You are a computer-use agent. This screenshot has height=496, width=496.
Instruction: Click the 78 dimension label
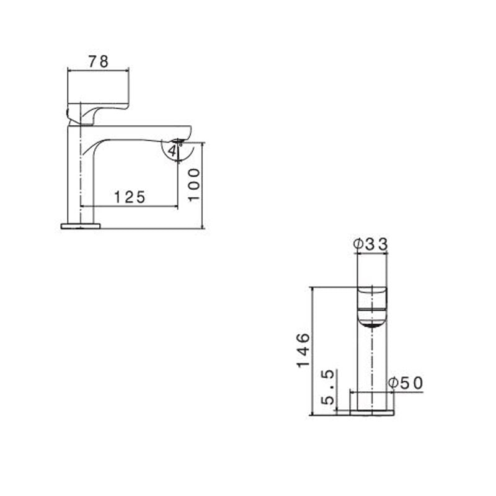coord(98,61)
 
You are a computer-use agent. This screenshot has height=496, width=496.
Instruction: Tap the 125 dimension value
coord(130,197)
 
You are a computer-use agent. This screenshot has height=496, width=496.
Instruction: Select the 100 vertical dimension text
coord(194,184)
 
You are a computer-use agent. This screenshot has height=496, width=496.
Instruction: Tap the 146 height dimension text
coord(303,350)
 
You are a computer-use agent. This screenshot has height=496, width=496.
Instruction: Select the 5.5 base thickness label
coord(329,387)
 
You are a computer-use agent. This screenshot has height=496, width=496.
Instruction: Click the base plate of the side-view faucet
coord(81,226)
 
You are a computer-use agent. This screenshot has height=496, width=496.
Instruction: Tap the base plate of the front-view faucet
coord(372,412)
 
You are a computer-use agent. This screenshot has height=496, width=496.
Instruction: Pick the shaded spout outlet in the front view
coord(372,322)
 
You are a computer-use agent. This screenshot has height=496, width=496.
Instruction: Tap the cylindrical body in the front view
coord(372,366)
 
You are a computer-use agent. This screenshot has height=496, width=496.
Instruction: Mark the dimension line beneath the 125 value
coord(130,206)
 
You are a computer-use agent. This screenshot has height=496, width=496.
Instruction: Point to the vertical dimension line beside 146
coord(312,350)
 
